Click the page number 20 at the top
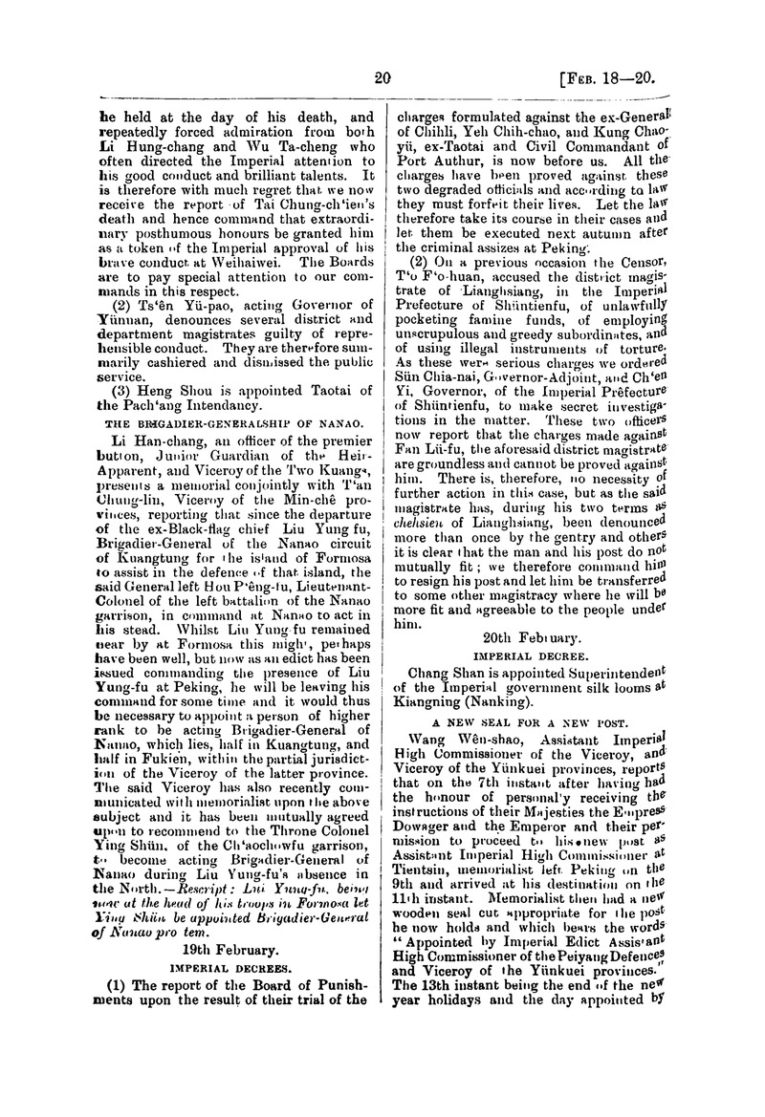click(384, 79)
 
